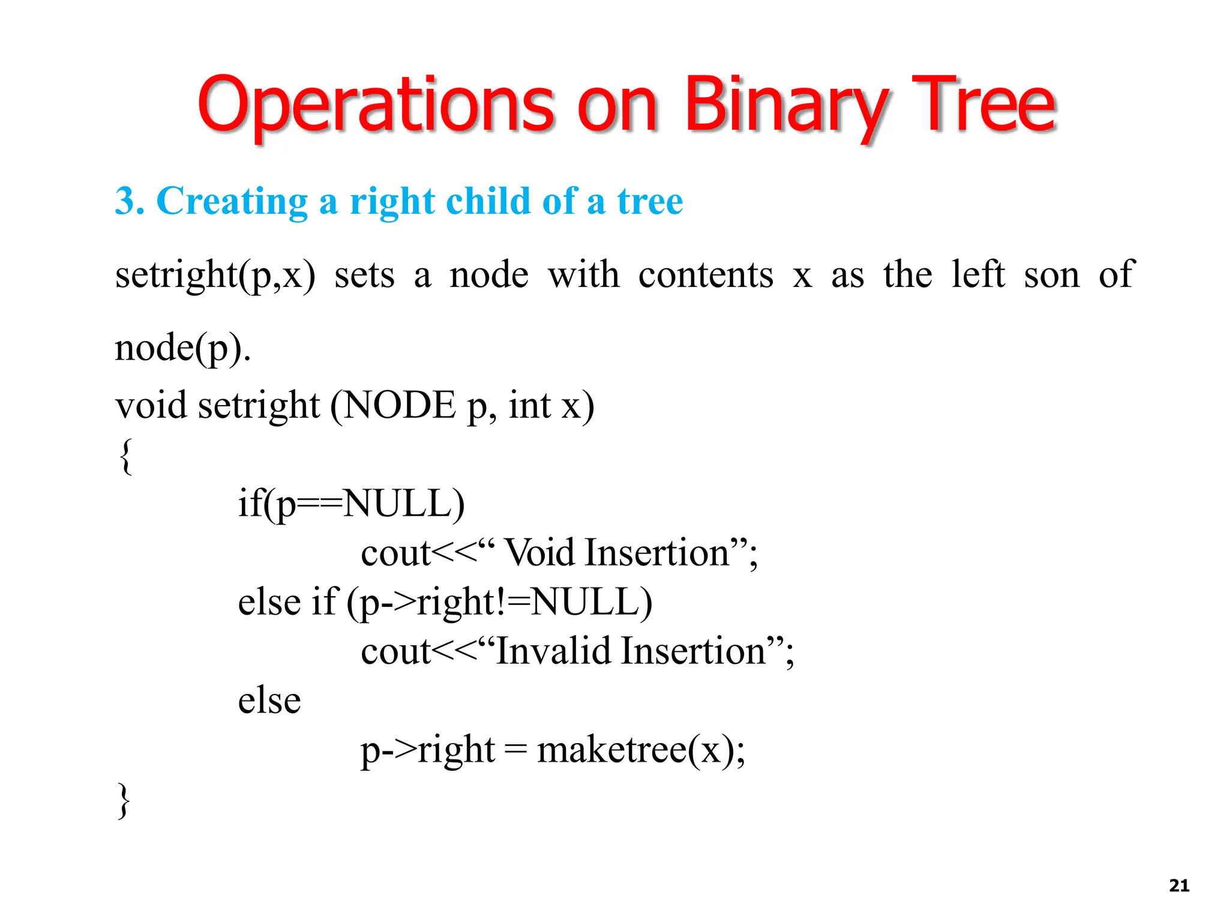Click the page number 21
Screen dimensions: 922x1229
coord(1179,885)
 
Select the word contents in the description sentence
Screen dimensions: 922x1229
coord(706,275)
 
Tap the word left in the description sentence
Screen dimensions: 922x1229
coord(978,275)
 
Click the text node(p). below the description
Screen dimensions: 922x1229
coord(182,348)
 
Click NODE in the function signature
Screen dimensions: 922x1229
coord(400,405)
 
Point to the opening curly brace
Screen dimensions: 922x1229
coord(125,456)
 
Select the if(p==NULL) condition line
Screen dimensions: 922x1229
coord(351,504)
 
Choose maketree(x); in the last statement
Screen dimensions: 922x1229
coord(641,750)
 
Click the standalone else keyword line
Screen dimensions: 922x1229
coord(269,701)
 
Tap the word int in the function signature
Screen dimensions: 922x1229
coord(529,405)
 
